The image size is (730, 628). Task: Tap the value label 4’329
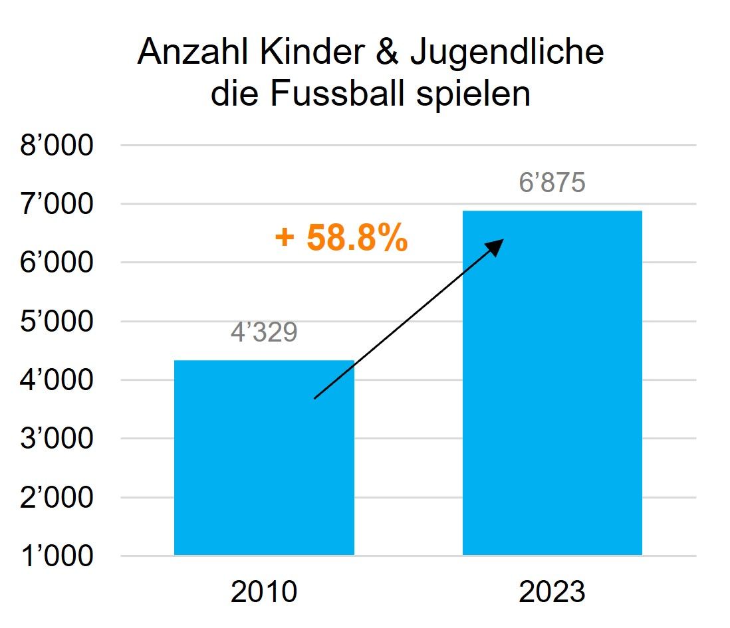point(264,332)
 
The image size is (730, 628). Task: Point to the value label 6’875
point(552,183)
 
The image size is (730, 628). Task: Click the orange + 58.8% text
point(340,239)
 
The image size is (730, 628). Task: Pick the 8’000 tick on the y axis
point(57,146)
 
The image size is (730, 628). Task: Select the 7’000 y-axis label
point(57,204)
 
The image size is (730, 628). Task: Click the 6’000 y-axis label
point(57,263)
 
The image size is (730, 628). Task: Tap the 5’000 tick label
point(57,322)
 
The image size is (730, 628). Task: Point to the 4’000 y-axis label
point(57,380)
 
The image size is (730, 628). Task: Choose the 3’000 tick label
point(57,439)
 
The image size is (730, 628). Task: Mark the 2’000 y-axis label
point(57,497)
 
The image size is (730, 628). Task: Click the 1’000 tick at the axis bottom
point(57,556)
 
